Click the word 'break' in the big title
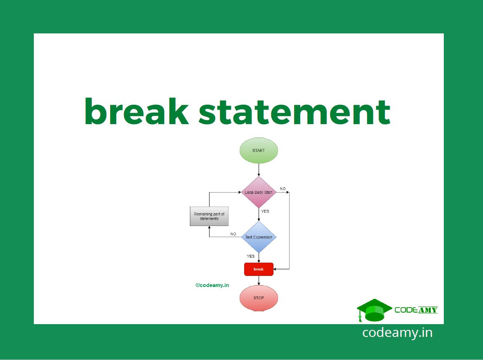(x=137, y=112)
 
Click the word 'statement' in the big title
(x=294, y=112)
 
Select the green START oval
(x=259, y=151)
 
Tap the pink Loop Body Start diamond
(x=259, y=193)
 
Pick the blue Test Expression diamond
(x=259, y=237)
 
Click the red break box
(x=259, y=269)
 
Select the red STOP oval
(x=259, y=298)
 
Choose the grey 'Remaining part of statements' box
(x=209, y=216)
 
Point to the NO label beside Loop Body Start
(x=283, y=189)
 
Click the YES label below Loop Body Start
(x=265, y=212)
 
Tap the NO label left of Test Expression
(x=233, y=234)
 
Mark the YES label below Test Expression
(x=251, y=256)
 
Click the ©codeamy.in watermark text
(x=212, y=285)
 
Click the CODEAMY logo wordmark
(x=416, y=310)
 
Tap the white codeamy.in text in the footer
(x=397, y=332)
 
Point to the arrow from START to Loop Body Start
(x=259, y=170)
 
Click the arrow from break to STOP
(x=259, y=280)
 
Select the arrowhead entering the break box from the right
(x=276, y=269)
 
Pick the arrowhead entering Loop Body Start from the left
(x=239, y=192)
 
